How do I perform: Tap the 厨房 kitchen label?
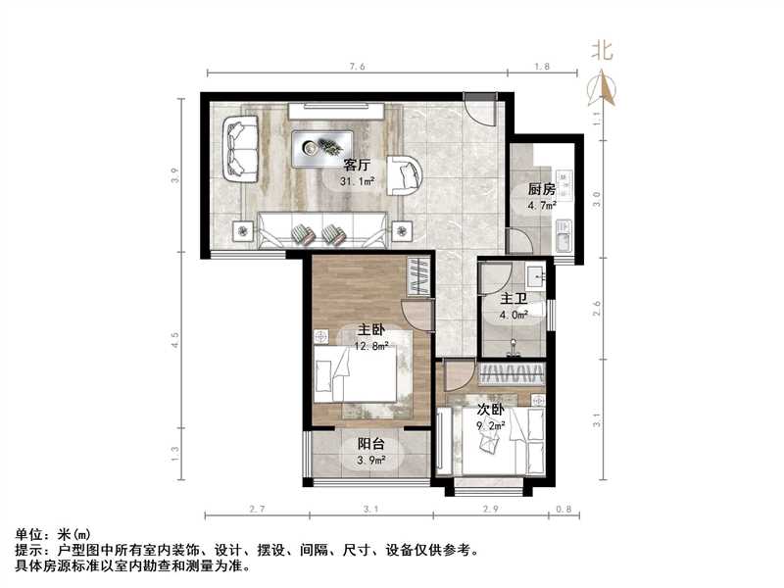542,189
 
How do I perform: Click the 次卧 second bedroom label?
491,411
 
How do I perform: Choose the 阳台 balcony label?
369,444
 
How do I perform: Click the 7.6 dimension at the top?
357,67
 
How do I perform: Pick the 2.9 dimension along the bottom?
490,510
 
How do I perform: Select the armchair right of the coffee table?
403,174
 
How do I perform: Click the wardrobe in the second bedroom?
513,373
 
